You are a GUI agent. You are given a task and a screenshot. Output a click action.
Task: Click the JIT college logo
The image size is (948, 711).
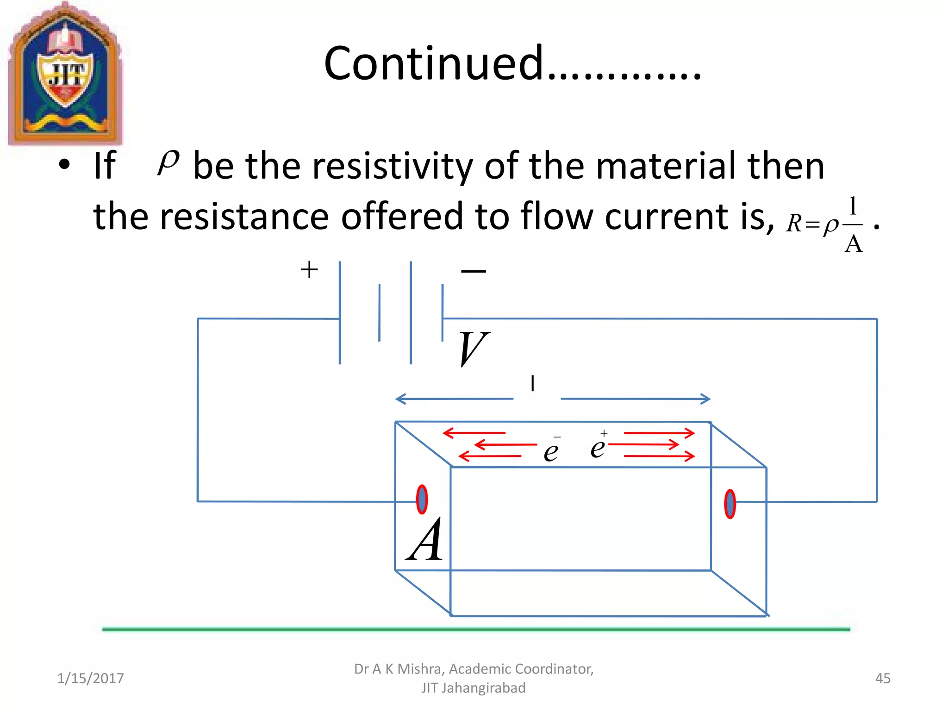[x=65, y=74]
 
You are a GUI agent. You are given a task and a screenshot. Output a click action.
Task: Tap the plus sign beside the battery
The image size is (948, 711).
[x=309, y=269]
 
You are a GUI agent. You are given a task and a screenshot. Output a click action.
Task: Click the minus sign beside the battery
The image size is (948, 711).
[x=474, y=271]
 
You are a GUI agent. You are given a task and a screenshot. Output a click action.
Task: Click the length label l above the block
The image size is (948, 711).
[x=533, y=383]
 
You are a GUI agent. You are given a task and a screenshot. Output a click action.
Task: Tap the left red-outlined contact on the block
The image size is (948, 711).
[x=422, y=499]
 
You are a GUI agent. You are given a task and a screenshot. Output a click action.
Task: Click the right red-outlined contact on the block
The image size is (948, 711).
[x=730, y=504]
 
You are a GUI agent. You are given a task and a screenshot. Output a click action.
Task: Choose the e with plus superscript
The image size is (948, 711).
[x=598, y=446]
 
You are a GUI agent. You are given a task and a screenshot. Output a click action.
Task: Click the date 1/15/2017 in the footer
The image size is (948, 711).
[x=90, y=678]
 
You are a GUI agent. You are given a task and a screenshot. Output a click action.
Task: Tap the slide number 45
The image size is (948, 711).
[x=883, y=678]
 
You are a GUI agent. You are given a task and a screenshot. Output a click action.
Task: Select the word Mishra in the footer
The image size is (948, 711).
[x=419, y=669]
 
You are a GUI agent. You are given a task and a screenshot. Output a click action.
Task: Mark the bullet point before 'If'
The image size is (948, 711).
[x=64, y=164]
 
